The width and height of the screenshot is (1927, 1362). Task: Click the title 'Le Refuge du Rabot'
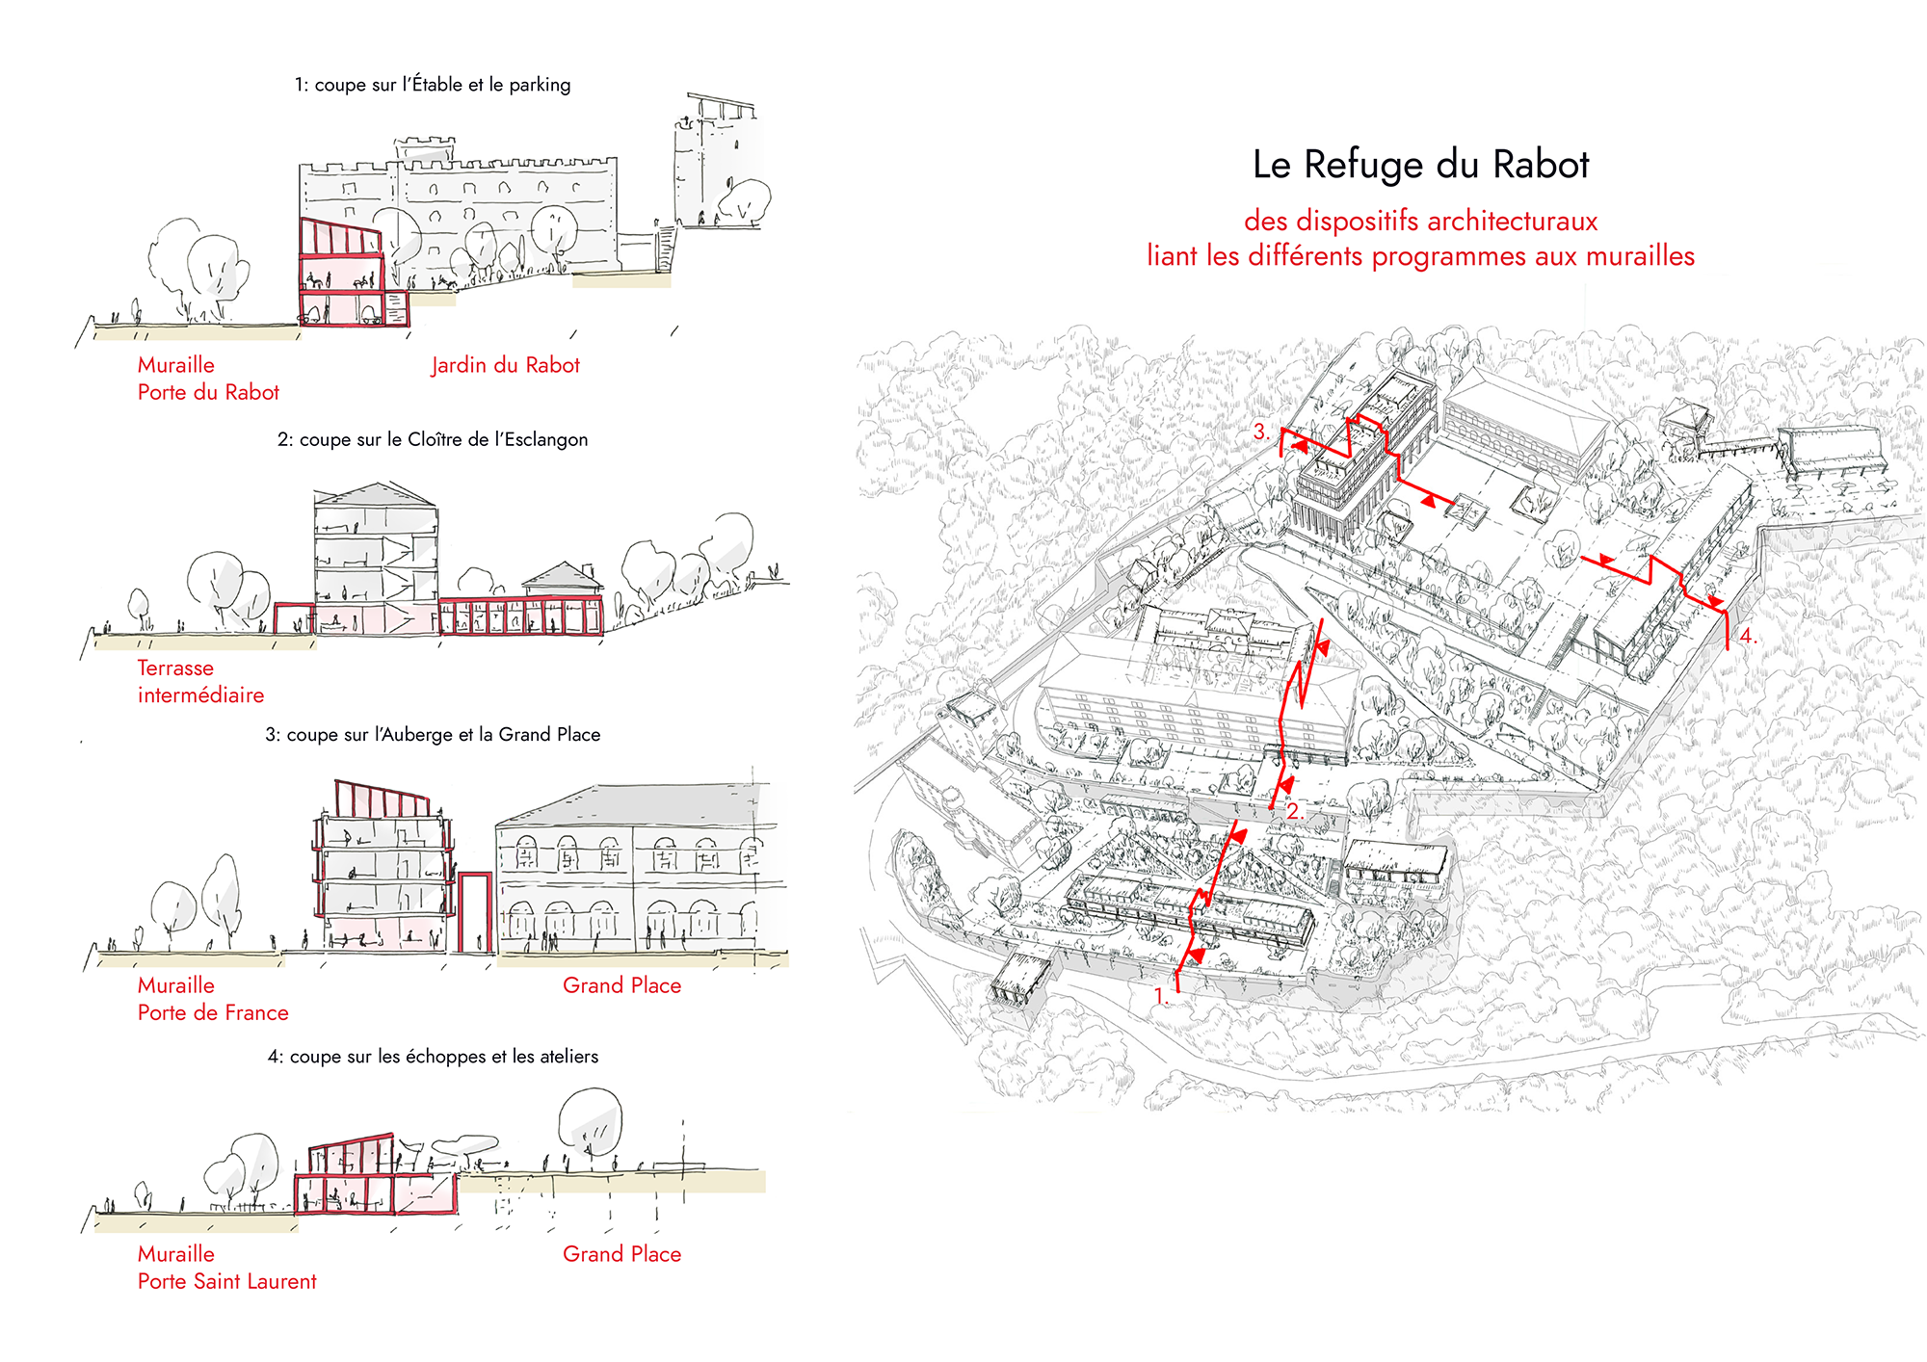(1420, 165)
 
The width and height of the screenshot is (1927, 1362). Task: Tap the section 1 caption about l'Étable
(433, 85)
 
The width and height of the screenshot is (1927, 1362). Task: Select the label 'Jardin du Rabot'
(505, 365)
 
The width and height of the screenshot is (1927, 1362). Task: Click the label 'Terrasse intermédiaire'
(199, 681)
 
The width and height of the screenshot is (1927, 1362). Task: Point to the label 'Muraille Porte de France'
(212, 999)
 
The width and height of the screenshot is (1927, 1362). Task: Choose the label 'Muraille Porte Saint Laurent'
(226, 1268)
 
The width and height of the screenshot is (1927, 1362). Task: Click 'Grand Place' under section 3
(621, 985)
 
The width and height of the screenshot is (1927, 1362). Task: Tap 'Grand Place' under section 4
(621, 1254)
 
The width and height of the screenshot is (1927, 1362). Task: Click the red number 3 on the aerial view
(1260, 432)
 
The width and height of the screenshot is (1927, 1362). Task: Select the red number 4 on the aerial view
(1747, 636)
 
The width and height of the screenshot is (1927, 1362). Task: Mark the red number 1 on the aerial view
(1160, 996)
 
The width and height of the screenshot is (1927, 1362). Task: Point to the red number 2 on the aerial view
(1294, 811)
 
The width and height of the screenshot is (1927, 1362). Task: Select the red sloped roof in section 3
(382, 799)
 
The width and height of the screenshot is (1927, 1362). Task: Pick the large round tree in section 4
(590, 1120)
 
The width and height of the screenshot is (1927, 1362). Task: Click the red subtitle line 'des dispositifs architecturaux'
(1420, 221)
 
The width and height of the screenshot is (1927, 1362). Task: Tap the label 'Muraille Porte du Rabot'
(207, 379)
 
